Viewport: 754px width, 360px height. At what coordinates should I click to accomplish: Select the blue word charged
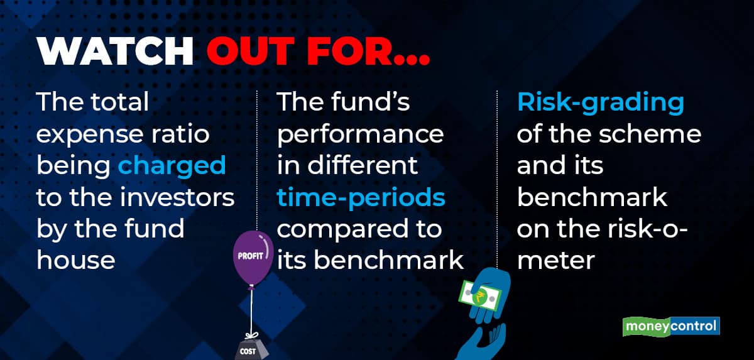tap(172, 165)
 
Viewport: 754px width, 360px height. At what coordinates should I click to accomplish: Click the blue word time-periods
tap(361, 198)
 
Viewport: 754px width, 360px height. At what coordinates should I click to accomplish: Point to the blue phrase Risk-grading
tap(600, 103)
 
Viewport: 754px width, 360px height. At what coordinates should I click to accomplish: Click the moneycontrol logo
tap(671, 327)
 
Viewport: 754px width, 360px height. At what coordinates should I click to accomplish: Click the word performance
tap(360, 134)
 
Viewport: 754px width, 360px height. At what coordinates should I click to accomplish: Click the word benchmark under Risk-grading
tap(592, 197)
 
